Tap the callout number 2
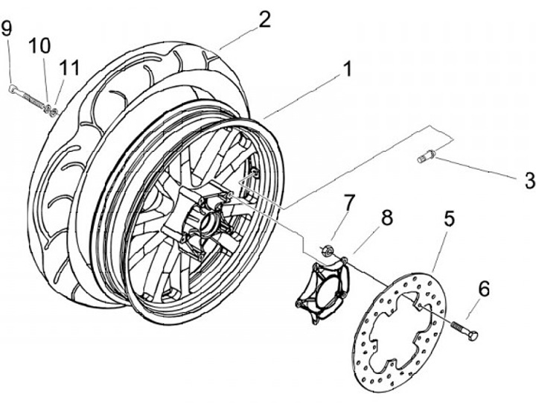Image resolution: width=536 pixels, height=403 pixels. (x=264, y=19)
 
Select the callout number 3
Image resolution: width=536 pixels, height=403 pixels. (x=529, y=180)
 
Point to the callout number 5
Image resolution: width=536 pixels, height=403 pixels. (x=449, y=218)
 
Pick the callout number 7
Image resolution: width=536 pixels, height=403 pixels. (x=348, y=201)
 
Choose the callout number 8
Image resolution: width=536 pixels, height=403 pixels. (x=386, y=218)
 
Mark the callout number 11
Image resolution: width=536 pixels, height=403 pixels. (x=69, y=67)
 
